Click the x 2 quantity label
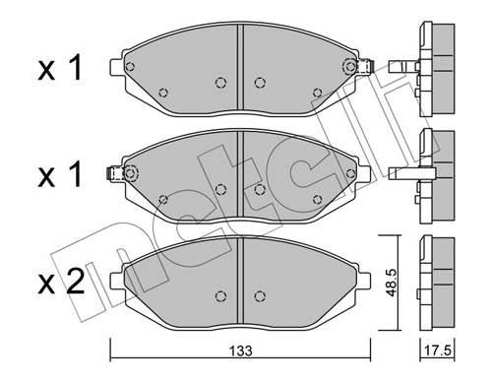coord(59,285)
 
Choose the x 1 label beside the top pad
coord(59,68)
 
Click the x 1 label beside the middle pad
coord(59,177)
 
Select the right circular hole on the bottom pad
coord(259,293)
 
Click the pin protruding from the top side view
coord(398,68)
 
